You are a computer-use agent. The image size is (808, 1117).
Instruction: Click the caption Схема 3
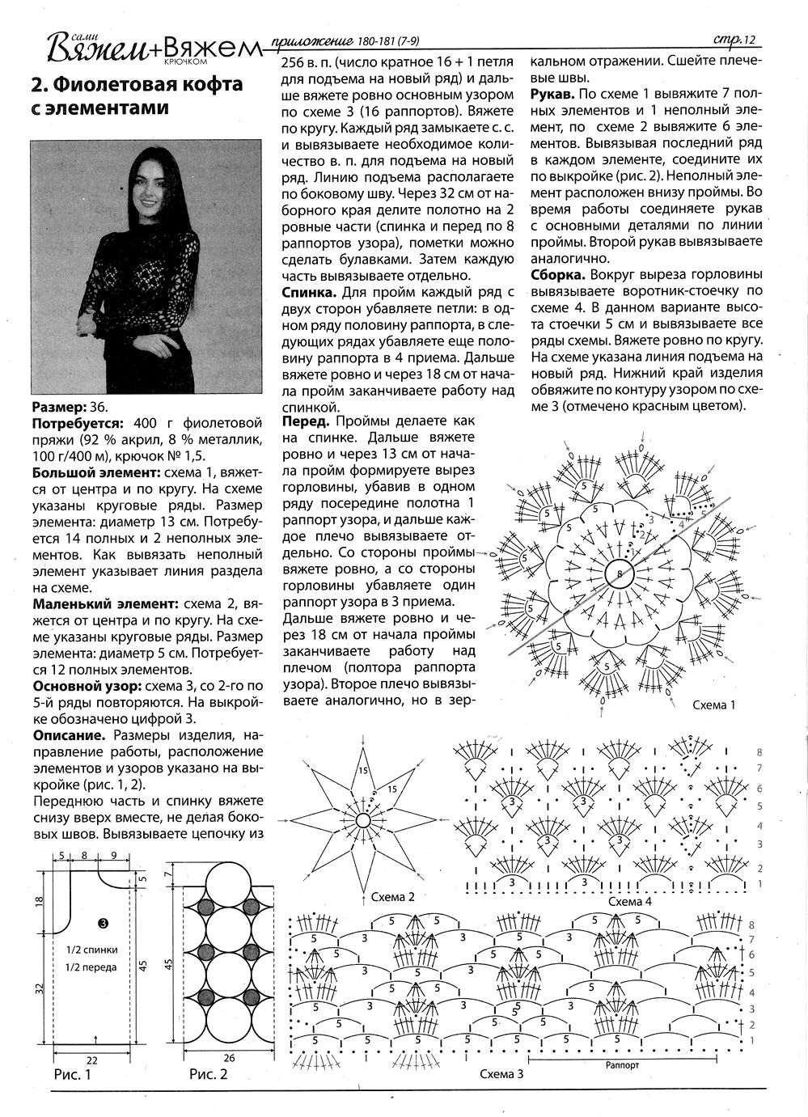point(501,1074)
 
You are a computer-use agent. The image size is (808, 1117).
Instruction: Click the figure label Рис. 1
point(73,1075)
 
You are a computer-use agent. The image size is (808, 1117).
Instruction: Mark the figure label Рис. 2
point(209,1075)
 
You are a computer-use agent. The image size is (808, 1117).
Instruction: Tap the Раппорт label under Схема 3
point(622,1065)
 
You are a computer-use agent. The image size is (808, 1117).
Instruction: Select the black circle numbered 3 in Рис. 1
point(104,922)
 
